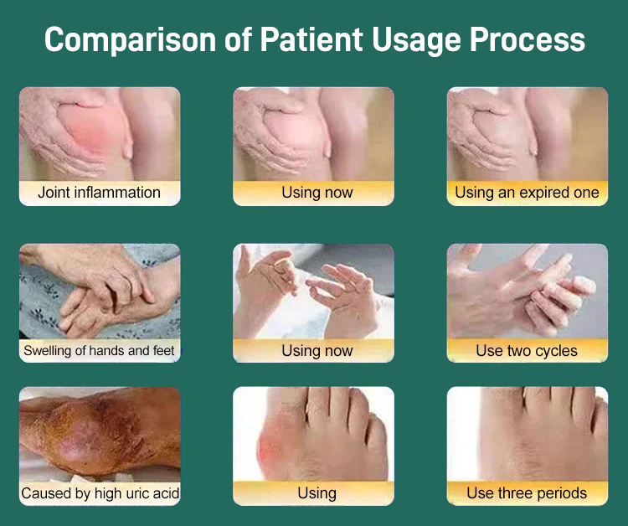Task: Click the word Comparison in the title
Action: click(x=130, y=40)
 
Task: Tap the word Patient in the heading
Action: click(x=311, y=39)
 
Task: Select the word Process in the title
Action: click(x=527, y=39)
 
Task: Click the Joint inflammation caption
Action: click(x=99, y=193)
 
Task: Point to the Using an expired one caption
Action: click(x=527, y=193)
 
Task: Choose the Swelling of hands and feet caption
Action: click(x=99, y=351)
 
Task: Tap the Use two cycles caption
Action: click(x=527, y=351)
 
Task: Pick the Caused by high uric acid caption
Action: click(x=100, y=493)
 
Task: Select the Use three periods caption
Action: click(x=527, y=493)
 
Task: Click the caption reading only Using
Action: click(x=317, y=493)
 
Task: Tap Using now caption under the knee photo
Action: click(x=317, y=193)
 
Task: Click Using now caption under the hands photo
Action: click(x=317, y=351)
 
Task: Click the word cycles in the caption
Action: click(x=556, y=351)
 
